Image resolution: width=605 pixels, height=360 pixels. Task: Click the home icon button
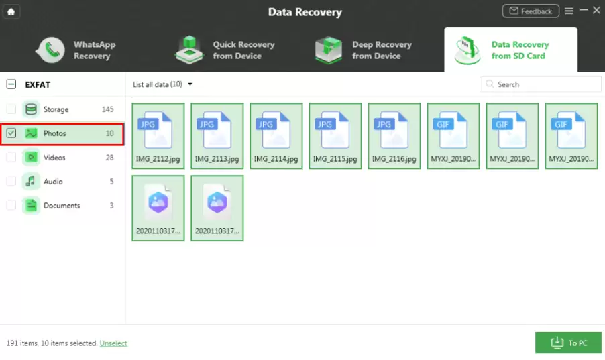point(11,11)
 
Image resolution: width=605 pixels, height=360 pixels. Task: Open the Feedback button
point(531,11)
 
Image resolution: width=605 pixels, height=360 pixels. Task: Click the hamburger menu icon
point(569,11)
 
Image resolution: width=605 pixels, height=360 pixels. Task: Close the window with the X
point(596,11)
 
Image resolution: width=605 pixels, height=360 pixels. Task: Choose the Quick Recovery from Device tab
point(225,50)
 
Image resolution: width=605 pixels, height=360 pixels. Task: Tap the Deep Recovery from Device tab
point(364,50)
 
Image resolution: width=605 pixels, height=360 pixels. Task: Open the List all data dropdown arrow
point(190,84)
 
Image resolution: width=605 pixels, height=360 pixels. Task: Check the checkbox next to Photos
point(11,133)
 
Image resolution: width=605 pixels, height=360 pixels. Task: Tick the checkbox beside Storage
point(11,109)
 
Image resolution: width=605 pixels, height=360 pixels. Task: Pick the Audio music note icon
point(31,182)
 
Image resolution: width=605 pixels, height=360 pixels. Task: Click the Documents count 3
point(111,206)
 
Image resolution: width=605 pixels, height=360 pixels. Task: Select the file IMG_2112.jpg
point(158,136)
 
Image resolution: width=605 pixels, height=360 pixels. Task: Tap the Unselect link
point(113,343)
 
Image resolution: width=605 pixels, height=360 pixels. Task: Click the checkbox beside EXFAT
point(11,84)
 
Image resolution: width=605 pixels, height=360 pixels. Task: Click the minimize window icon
point(584,11)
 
